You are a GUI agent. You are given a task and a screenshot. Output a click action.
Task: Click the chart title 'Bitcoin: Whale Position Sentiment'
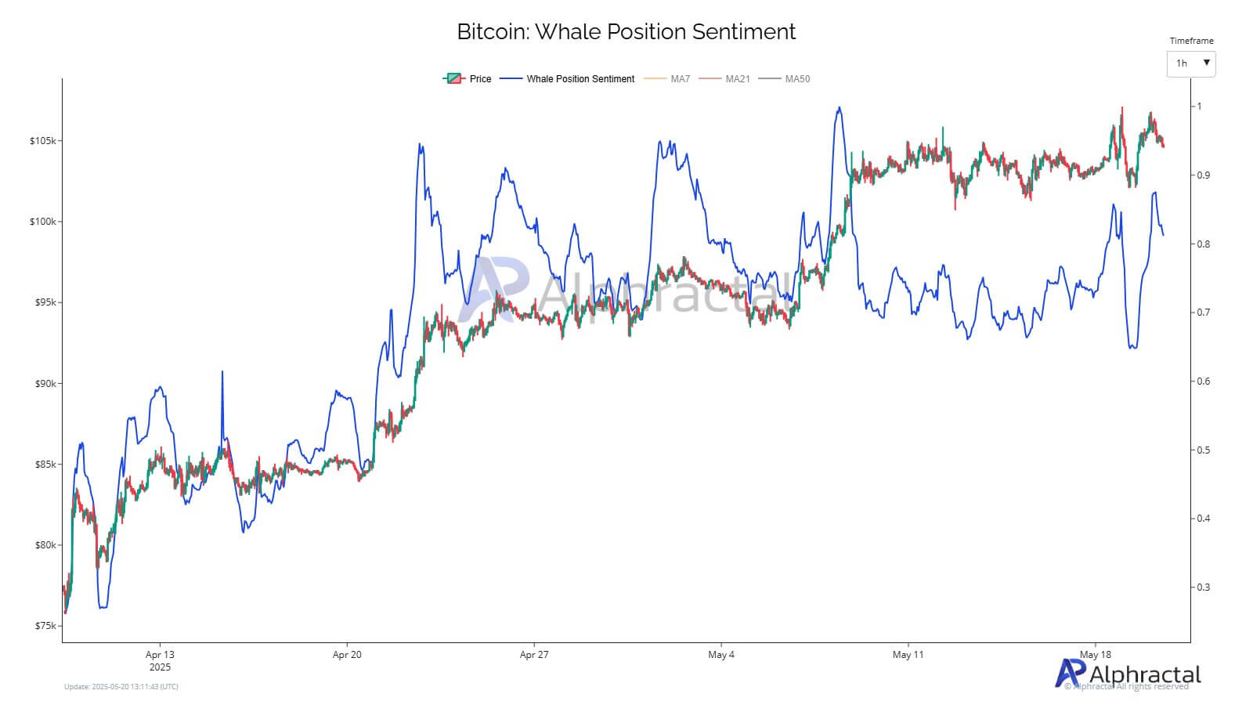626,32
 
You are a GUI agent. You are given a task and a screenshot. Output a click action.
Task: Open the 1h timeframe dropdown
1190,63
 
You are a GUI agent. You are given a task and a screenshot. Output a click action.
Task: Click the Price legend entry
468,79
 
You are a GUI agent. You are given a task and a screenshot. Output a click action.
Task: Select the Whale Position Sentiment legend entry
568,79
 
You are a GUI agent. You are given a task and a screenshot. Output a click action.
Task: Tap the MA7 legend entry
667,79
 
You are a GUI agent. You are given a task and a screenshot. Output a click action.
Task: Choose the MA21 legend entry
724,79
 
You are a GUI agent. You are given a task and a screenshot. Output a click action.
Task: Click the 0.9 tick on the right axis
1203,175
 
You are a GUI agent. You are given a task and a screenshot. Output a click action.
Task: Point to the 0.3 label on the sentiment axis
1203,587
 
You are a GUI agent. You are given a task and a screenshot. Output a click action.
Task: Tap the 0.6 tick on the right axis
1203,381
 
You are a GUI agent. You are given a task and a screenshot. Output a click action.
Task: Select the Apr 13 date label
160,655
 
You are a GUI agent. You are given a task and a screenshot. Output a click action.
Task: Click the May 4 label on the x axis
720,655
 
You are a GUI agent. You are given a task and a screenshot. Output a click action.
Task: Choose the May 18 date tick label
1095,655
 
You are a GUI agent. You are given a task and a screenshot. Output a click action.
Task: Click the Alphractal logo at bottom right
1128,674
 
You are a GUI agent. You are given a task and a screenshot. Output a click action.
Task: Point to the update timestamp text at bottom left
121,687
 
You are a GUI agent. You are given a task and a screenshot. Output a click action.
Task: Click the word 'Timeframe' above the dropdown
1191,41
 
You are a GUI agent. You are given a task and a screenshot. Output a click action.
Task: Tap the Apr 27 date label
534,655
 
